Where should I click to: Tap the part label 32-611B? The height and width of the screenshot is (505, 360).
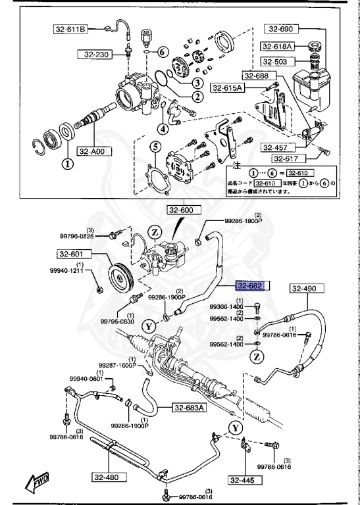(x=70, y=30)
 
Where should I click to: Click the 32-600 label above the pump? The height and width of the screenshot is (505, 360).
(x=180, y=210)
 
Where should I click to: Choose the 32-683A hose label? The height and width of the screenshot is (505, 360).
(x=190, y=408)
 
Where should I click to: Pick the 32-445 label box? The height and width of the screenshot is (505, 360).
(x=242, y=481)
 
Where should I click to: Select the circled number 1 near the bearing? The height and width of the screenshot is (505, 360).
(x=66, y=162)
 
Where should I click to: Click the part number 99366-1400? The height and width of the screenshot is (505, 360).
(x=226, y=307)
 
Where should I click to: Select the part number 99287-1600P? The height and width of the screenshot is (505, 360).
(x=117, y=365)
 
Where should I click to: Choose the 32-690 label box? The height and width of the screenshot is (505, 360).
(x=282, y=29)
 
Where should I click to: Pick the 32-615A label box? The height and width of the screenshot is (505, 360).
(x=227, y=87)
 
